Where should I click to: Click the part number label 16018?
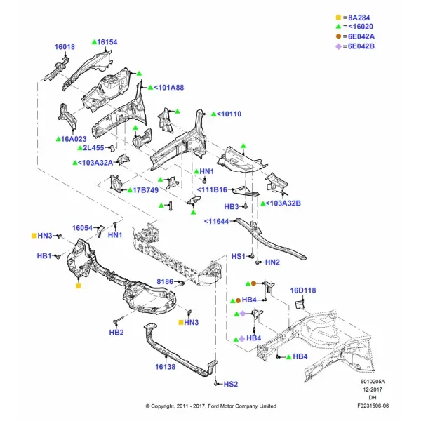(65, 47)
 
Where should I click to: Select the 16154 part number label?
(107, 42)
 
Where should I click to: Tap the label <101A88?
(169, 88)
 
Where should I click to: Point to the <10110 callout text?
(229, 114)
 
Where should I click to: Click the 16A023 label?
(74, 139)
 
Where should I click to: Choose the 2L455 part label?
(93, 148)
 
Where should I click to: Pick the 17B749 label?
(146, 190)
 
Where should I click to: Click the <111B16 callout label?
(212, 190)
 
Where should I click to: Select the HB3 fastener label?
(232, 207)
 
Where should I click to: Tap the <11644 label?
(216, 222)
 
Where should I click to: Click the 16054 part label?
(82, 228)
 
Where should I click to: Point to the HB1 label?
(44, 256)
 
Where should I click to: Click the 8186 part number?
(165, 281)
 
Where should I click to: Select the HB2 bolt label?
(116, 333)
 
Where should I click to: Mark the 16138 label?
(165, 367)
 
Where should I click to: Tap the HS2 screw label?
(231, 385)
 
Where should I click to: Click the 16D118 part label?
(303, 290)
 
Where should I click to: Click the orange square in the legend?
(338, 18)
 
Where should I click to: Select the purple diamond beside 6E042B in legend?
(339, 46)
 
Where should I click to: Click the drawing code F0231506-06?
(373, 406)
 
